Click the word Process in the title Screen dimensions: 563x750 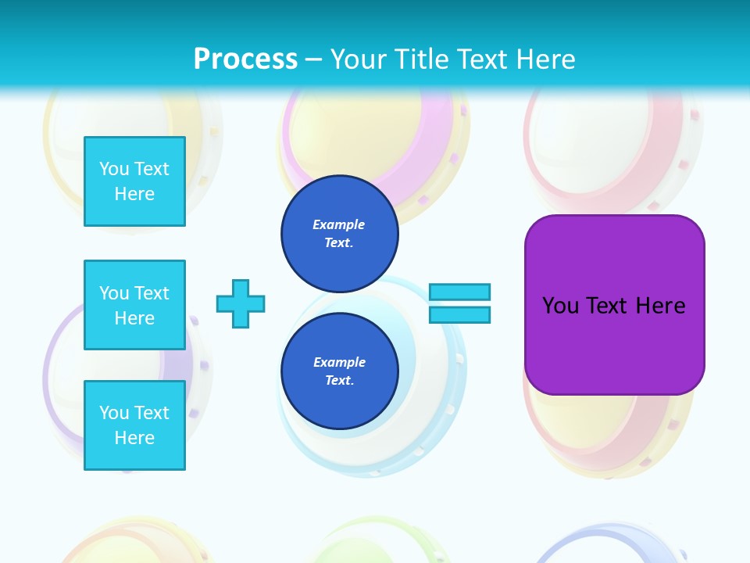pyautogui.click(x=245, y=59)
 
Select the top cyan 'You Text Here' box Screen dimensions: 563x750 pyautogui.click(x=134, y=181)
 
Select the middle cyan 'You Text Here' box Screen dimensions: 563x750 pyautogui.click(x=134, y=305)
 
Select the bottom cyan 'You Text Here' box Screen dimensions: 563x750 pyautogui.click(x=134, y=425)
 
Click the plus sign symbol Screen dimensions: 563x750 pyautogui.click(x=241, y=303)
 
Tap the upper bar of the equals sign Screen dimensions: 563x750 pyautogui.click(x=459, y=292)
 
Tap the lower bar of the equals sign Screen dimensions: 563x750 pyautogui.click(x=459, y=315)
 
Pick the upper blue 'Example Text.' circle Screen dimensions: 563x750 pyautogui.click(x=339, y=234)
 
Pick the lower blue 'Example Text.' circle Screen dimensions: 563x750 pyautogui.click(x=339, y=371)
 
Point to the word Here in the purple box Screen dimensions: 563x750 pyautogui.click(x=660, y=306)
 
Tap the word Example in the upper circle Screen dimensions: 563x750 pyautogui.click(x=339, y=224)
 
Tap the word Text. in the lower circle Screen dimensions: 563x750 pyautogui.click(x=339, y=381)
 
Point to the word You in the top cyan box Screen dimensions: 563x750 pyautogui.click(x=113, y=169)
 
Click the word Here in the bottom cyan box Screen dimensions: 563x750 pyautogui.click(x=134, y=438)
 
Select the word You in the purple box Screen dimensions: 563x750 pyautogui.click(x=560, y=306)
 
